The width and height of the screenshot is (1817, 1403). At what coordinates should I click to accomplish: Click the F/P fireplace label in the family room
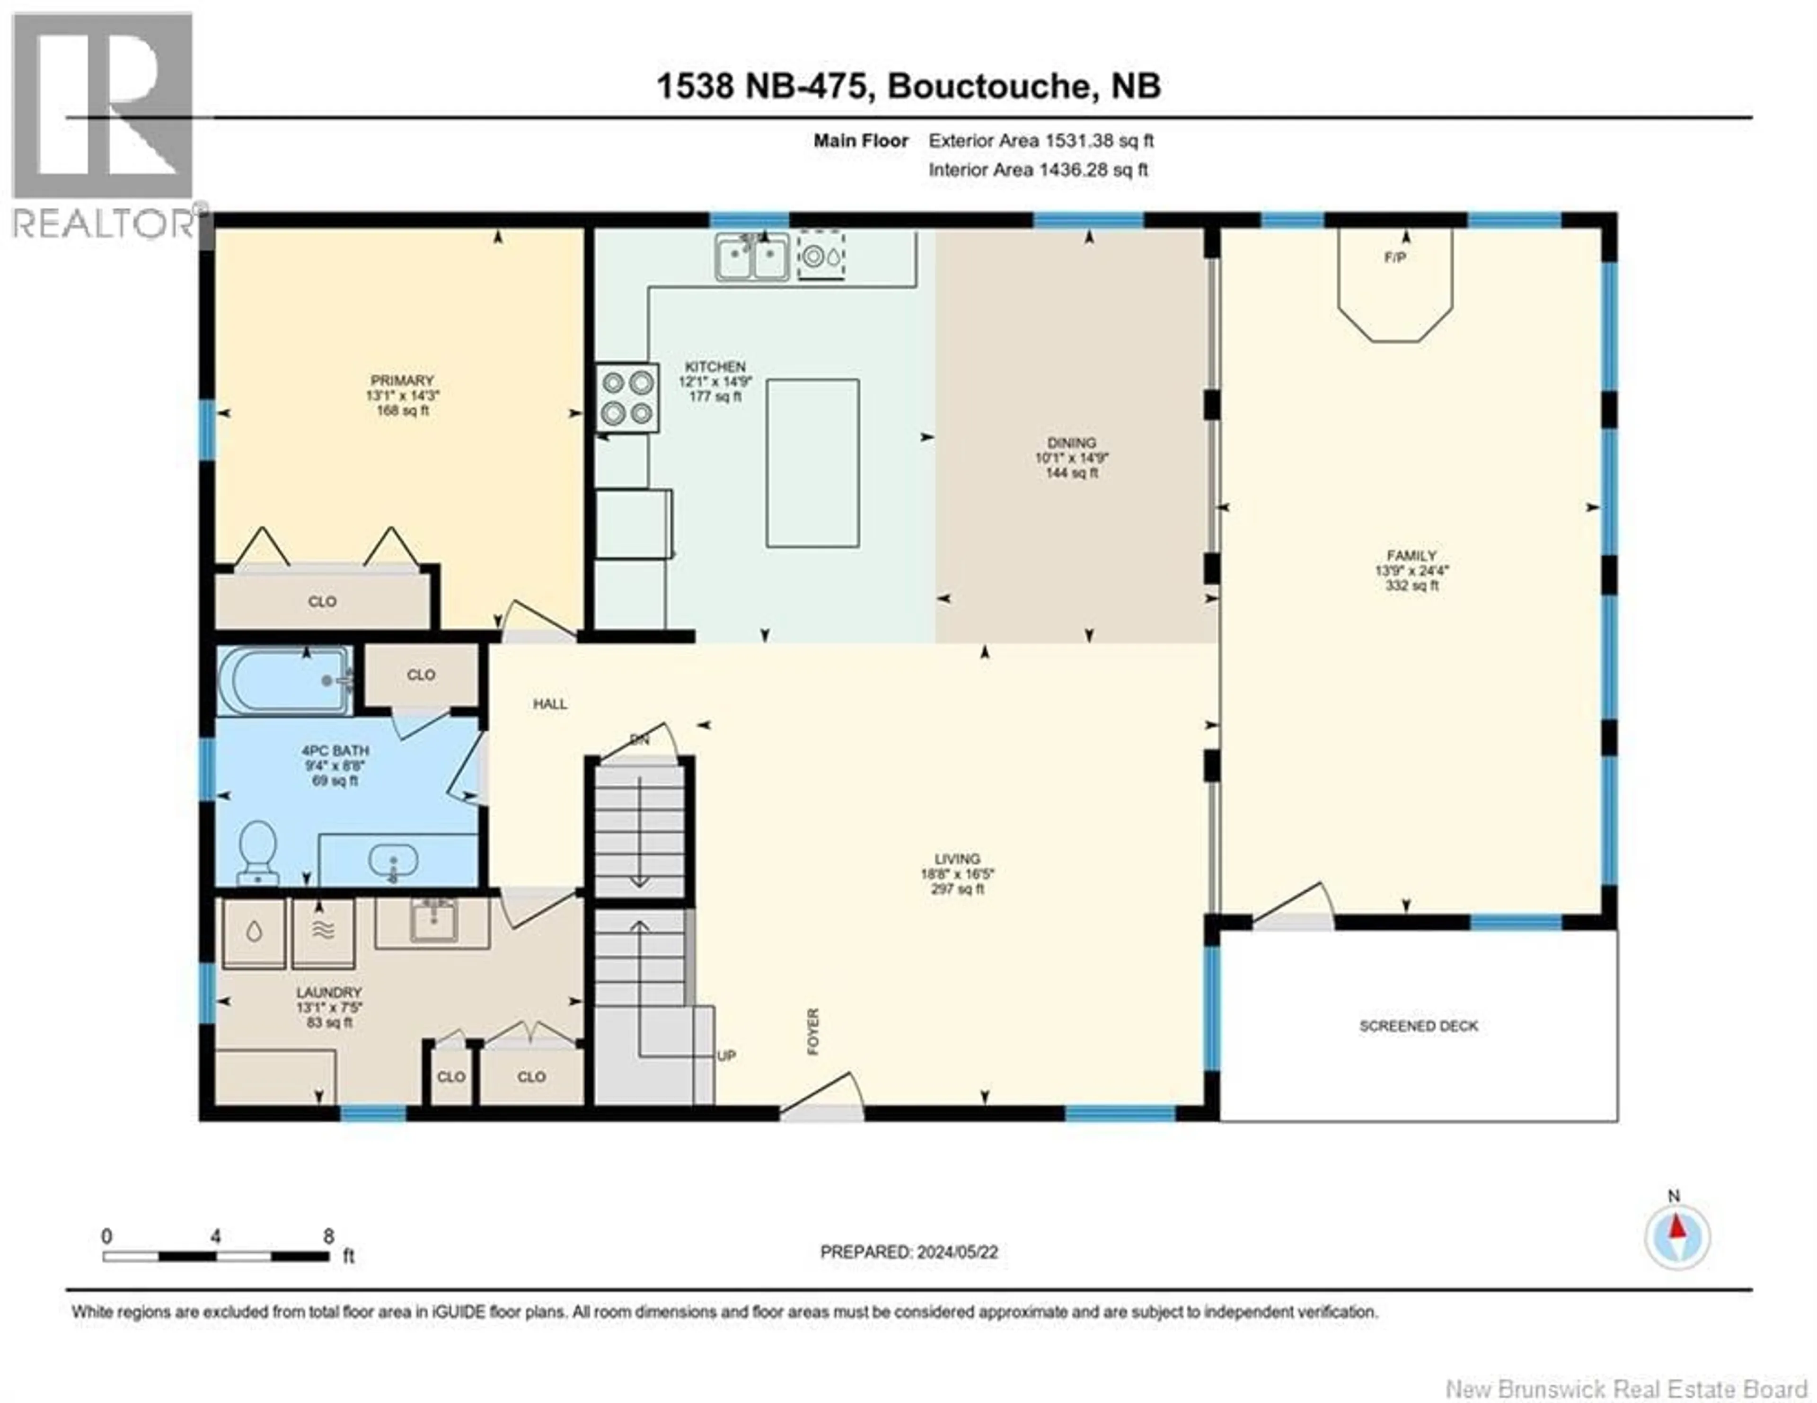click(x=1395, y=258)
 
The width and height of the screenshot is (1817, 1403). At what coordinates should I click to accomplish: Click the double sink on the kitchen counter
click(x=752, y=256)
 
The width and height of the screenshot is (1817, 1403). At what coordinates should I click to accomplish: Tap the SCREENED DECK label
click(x=1419, y=1026)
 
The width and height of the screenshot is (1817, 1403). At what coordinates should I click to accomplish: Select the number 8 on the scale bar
click(x=329, y=1236)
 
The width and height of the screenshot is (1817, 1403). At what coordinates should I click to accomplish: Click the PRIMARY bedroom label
click(x=403, y=380)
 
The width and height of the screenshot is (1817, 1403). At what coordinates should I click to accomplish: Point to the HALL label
click(x=550, y=704)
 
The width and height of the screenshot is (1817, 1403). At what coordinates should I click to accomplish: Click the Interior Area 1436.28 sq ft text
click(x=1038, y=170)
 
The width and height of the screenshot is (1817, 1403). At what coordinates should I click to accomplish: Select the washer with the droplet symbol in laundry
click(x=254, y=932)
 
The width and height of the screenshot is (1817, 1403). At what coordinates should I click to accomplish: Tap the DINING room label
click(x=1072, y=443)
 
